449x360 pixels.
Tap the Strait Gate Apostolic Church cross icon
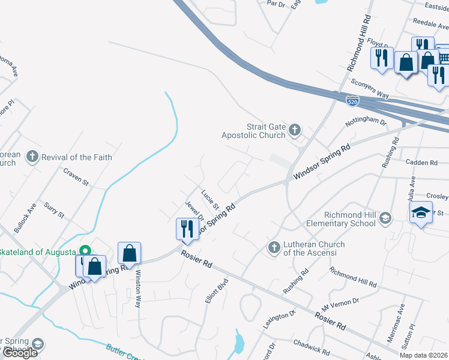(x=294, y=130)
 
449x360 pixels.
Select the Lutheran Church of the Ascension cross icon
(x=274, y=247)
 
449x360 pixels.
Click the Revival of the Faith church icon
(x=32, y=157)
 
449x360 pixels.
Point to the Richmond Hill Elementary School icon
(x=385, y=218)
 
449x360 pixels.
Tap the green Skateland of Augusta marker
(x=85, y=251)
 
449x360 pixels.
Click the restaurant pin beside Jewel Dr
(x=187, y=229)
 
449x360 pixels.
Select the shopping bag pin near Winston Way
(x=129, y=253)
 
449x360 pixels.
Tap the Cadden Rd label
(x=422, y=163)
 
